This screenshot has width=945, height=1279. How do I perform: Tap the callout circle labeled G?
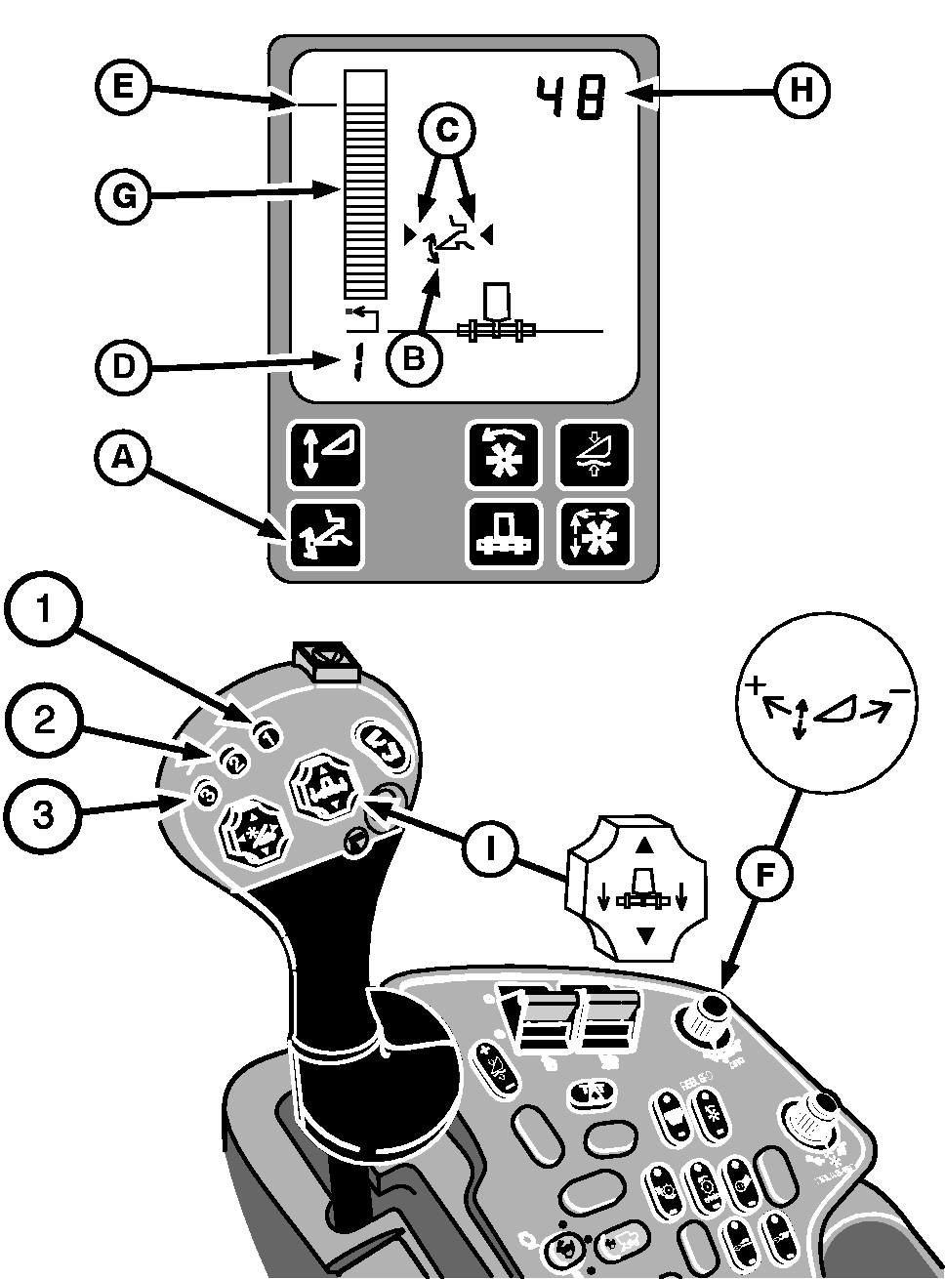[x=121, y=196]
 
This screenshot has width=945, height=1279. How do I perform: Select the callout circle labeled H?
[x=801, y=91]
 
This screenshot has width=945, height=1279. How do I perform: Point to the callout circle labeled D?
[x=121, y=368]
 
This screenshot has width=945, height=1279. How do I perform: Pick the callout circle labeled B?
[x=414, y=358]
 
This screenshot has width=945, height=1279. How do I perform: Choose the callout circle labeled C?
[x=447, y=130]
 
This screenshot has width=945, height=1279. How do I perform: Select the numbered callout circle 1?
[x=42, y=613]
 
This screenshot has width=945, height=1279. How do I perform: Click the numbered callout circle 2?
[x=42, y=721]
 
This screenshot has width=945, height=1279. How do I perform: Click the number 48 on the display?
[x=569, y=99]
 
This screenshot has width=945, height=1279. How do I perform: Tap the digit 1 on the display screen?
[x=355, y=366]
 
